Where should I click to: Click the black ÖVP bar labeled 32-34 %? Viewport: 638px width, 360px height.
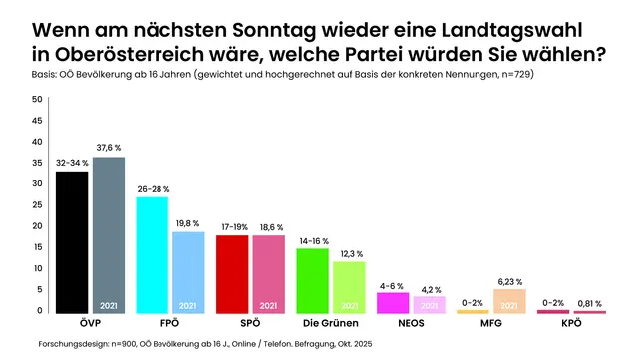72,242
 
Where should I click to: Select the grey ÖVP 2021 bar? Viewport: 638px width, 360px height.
109,235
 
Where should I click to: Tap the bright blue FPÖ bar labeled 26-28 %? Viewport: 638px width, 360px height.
152,255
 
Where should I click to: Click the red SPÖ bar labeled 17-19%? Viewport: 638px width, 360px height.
232,274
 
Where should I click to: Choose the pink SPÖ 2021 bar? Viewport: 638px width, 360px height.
269,274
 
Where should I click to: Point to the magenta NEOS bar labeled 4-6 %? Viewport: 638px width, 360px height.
393,302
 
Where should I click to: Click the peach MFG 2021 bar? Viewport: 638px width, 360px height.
510,301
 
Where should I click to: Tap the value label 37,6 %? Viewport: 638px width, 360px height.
110,148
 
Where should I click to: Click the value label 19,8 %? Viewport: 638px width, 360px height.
188,223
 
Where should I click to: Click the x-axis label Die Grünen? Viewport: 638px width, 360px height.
330,324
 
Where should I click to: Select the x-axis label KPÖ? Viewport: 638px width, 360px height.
571,324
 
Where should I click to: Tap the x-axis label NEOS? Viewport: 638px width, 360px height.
411,324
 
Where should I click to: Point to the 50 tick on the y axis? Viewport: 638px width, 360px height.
37,100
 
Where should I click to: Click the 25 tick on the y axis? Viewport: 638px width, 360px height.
37,205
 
